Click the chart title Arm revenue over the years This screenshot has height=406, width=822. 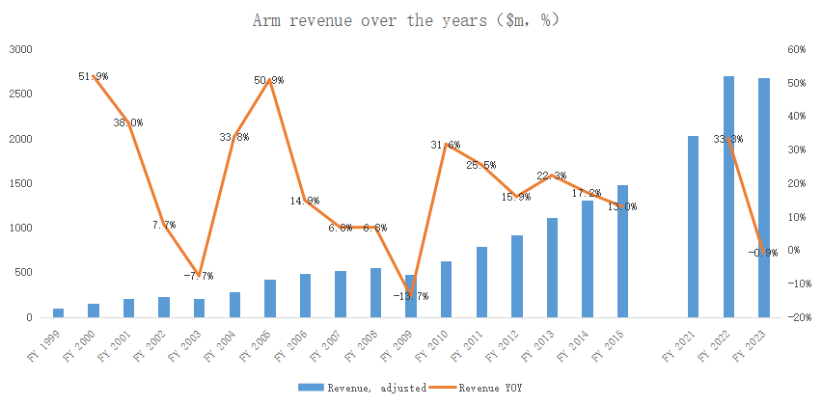tap(405, 20)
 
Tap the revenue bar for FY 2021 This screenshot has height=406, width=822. tap(694, 227)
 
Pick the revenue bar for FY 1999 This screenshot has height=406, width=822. tap(58, 312)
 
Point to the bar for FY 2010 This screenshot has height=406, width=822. tap(446, 289)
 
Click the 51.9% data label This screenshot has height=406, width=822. tap(94, 76)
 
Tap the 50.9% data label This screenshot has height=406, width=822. tap(269, 80)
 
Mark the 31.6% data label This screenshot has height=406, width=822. tap(445, 145)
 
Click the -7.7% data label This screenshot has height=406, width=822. tap(199, 276)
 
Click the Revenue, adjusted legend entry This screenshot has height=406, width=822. tap(363, 387)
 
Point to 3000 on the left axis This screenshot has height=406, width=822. tap(20, 49)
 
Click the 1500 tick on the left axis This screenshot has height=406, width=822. tap(20, 183)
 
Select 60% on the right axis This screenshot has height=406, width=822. tap(797, 49)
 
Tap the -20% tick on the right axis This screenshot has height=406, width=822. tap(796, 317)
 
